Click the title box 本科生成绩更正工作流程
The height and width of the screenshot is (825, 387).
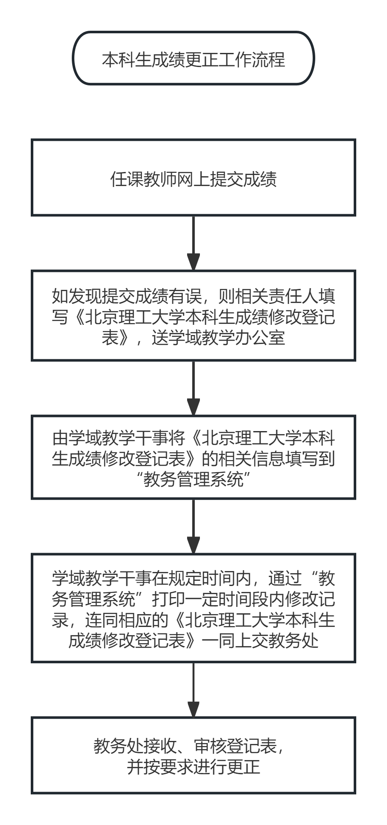click(193, 58)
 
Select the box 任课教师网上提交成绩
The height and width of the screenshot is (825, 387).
click(193, 177)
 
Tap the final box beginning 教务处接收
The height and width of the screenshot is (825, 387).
click(193, 755)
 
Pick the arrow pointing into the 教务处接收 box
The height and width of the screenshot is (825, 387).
click(193, 689)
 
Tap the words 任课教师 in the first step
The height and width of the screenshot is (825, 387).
click(144, 179)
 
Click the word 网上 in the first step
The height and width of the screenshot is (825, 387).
click(185, 179)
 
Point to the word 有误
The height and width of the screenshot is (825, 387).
click(185, 296)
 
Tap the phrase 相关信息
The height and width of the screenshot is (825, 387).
click(252, 459)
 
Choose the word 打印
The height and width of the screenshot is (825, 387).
click(169, 599)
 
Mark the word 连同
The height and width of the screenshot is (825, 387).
click(102, 620)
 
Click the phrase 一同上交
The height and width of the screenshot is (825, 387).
click(235, 641)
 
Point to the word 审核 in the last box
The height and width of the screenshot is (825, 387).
click(210, 746)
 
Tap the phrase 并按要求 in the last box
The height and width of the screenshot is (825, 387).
click(160, 767)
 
